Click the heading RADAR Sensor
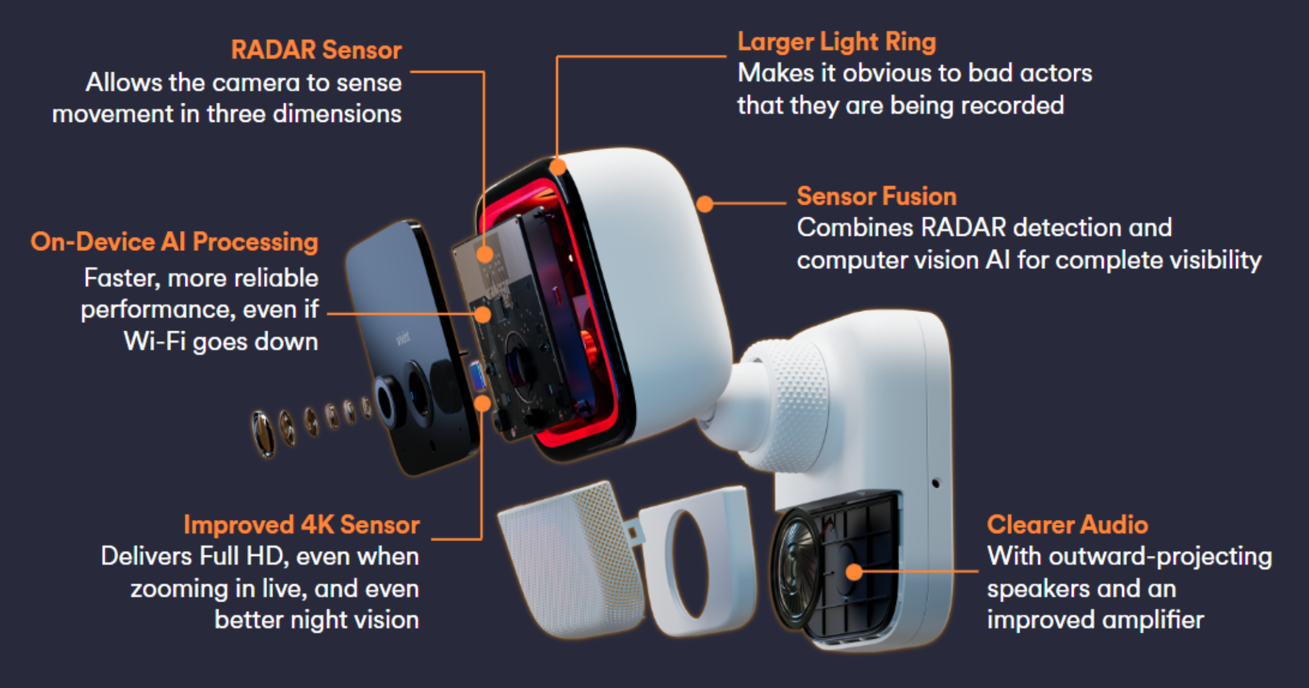316,50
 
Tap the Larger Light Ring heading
837,42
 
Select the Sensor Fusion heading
877,197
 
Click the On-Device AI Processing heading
174,242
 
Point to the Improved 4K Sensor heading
302,525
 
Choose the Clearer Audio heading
1067,525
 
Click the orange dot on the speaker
854,572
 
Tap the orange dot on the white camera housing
704,204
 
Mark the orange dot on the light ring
558,166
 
